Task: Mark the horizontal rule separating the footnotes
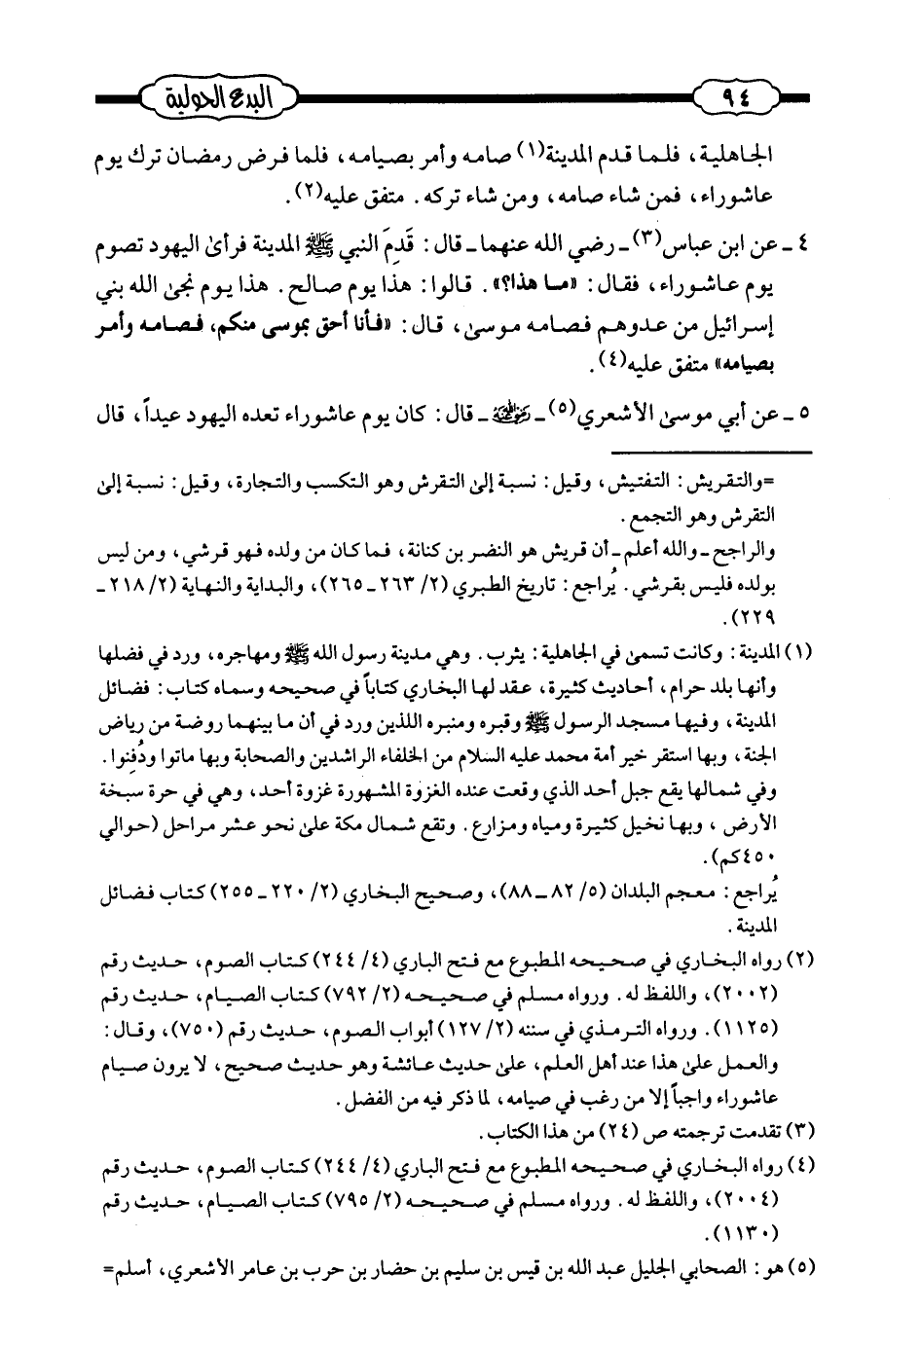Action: pyautogui.click(x=711, y=453)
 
